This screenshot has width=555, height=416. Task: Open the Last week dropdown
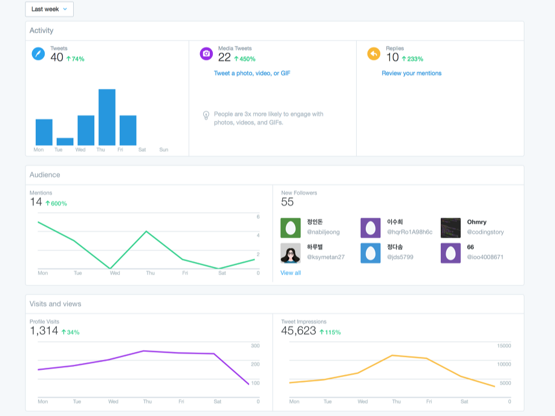[49, 9]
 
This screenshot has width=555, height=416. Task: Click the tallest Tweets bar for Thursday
[107, 117]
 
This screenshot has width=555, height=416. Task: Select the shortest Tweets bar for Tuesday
[65, 141]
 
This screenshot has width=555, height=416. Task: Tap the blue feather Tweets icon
[38, 54]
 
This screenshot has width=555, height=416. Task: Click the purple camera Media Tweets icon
[206, 54]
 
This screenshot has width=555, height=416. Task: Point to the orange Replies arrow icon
[374, 54]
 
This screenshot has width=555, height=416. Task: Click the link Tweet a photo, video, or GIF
[252, 73]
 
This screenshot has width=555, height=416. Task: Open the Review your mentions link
[412, 73]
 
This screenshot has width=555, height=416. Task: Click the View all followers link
[291, 273]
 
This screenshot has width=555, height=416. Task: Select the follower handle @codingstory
[485, 232]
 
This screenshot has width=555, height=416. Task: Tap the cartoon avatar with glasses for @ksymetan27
[291, 253]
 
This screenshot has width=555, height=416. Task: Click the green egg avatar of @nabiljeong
[291, 228]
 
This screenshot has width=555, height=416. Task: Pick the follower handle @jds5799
[400, 257]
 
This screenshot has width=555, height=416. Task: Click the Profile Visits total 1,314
[44, 331]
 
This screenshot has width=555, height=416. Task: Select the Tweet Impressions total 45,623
[299, 331]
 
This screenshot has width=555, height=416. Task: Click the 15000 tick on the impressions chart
[504, 345]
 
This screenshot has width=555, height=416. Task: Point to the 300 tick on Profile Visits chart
[255, 345]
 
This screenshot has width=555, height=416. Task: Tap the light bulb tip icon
[206, 115]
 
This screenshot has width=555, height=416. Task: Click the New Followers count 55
[287, 202]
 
